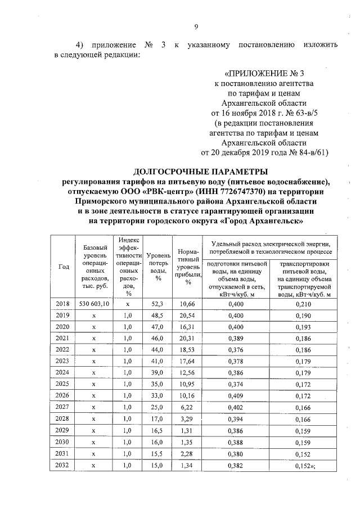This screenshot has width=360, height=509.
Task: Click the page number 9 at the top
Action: point(196,26)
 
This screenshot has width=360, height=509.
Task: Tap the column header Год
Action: point(64,267)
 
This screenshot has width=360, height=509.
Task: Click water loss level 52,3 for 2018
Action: point(157,304)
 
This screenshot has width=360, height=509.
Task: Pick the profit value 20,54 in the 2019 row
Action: point(186,316)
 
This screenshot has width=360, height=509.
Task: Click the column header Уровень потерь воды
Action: point(157,267)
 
